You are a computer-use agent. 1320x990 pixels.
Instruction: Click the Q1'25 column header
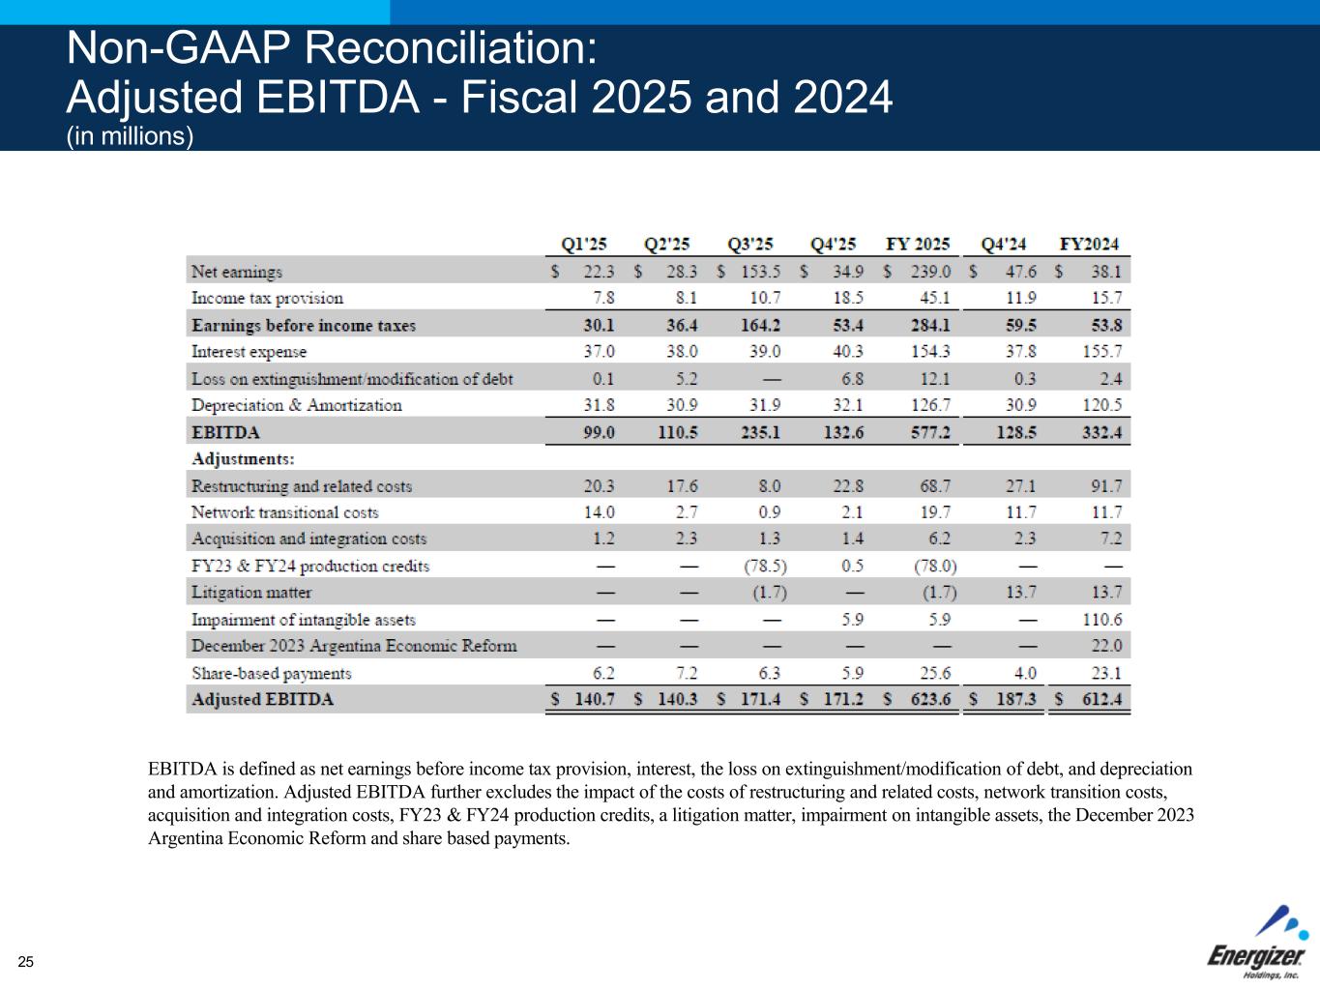click(x=583, y=244)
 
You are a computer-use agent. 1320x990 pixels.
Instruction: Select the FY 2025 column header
click(x=918, y=244)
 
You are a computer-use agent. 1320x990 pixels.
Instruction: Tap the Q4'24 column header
click(x=1003, y=244)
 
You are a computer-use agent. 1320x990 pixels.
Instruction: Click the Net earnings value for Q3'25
click(x=760, y=272)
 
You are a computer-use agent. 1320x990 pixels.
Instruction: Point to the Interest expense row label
click(x=249, y=352)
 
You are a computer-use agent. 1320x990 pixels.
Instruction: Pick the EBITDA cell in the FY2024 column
click(x=1101, y=432)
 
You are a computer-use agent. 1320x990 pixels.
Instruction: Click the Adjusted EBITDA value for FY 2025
click(x=930, y=699)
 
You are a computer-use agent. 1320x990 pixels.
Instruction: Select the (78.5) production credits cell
click(x=765, y=566)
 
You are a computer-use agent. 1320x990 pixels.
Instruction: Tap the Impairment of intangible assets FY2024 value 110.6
click(x=1102, y=619)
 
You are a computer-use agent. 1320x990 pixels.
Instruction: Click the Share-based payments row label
click(x=271, y=673)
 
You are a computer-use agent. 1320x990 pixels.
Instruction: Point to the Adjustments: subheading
click(x=243, y=459)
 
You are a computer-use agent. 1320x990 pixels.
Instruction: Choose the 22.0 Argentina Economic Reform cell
click(x=1106, y=646)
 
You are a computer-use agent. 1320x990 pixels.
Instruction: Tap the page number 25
click(x=26, y=962)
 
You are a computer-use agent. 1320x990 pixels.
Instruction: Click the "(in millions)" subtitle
click(x=130, y=136)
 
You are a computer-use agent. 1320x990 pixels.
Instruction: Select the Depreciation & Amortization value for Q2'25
click(x=682, y=405)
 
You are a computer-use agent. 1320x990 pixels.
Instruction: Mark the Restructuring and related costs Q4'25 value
click(x=847, y=485)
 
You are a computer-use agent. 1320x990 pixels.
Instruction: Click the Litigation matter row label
click(x=251, y=593)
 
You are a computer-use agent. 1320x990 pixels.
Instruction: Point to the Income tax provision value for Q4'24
click(x=1020, y=298)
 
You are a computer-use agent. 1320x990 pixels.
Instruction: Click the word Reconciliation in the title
click(x=451, y=47)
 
